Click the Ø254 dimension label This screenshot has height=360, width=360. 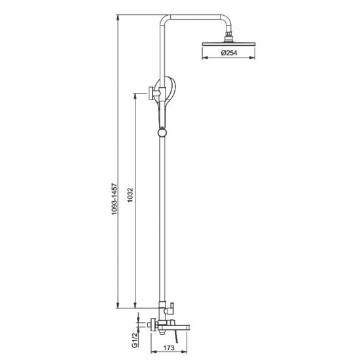click(x=229, y=53)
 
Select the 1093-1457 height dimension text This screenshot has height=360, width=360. click(x=115, y=199)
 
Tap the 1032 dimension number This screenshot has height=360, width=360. click(x=130, y=196)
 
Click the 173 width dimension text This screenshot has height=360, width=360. click(x=169, y=348)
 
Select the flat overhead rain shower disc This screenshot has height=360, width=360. click(x=228, y=43)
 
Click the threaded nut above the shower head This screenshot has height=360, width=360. click(x=228, y=35)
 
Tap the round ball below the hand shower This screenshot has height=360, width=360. click(x=162, y=133)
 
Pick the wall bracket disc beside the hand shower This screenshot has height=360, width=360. click(x=151, y=93)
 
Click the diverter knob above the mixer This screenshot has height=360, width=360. click(x=171, y=308)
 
